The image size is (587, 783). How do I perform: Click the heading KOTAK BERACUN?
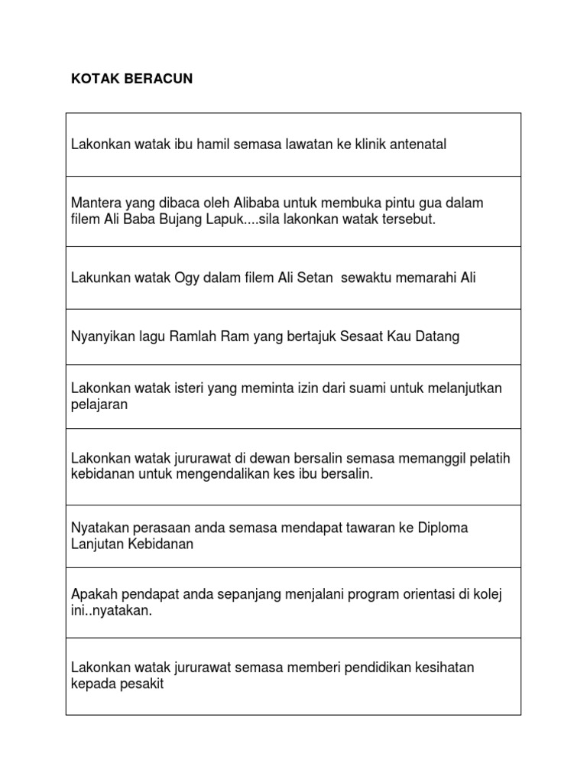click(x=131, y=80)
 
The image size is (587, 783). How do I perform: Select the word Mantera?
click(x=96, y=203)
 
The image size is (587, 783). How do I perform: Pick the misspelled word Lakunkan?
click(x=100, y=278)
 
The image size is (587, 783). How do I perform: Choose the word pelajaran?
click(x=99, y=404)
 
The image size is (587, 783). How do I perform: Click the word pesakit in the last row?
click(x=142, y=684)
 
